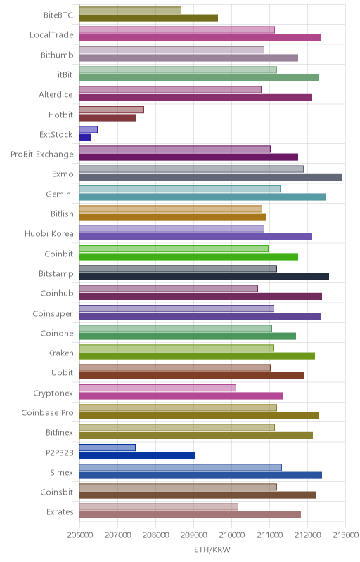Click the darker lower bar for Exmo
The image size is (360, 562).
pos(211,177)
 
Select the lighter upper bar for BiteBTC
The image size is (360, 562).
pos(130,10)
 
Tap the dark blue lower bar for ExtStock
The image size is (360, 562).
pos(85,137)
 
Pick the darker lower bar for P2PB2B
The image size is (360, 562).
pos(137,455)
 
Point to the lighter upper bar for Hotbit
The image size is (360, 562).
pos(112,110)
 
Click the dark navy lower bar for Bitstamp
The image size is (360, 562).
pos(204,276)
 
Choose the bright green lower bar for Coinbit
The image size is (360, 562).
pos(188,256)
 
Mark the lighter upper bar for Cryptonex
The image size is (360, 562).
pos(157,388)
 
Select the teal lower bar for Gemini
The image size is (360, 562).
pos(202,197)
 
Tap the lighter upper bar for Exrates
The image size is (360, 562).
pos(159,507)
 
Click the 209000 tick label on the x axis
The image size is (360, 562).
pos(193,535)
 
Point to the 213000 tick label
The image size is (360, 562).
pos(346,535)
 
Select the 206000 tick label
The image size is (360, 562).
pos(79,535)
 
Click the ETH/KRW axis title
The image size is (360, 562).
pos(212,549)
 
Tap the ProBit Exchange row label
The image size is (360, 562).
pos(42,154)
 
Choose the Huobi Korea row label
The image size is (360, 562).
pos(49,234)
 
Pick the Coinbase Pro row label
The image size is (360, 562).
pos(47,412)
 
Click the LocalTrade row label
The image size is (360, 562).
pos(51,34)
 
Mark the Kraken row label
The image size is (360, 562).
pos(60,353)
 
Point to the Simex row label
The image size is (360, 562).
pos(62,472)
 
